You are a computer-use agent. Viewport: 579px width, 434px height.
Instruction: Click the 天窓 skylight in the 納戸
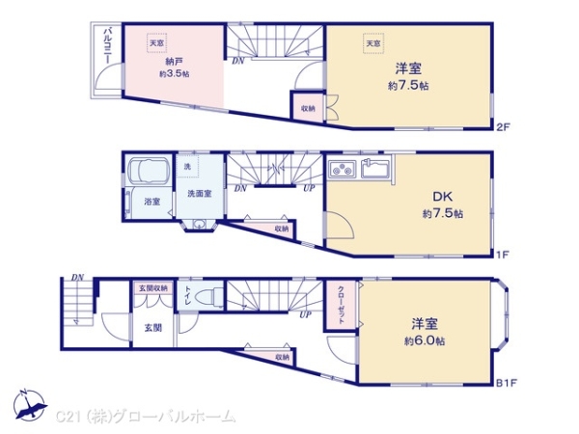[x=155, y=42]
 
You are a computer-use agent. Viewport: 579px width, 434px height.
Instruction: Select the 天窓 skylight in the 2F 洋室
[x=372, y=42]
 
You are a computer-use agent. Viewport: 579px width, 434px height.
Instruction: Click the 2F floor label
[x=502, y=126]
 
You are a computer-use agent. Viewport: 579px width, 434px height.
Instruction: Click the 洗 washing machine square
[x=188, y=166]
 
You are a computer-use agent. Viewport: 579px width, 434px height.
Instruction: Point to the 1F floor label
[x=502, y=255]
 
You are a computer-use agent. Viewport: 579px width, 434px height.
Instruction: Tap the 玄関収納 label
[x=152, y=287]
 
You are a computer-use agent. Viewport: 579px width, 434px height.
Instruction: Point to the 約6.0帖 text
[x=425, y=341]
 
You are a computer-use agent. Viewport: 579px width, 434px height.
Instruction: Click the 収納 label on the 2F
[x=306, y=107]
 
